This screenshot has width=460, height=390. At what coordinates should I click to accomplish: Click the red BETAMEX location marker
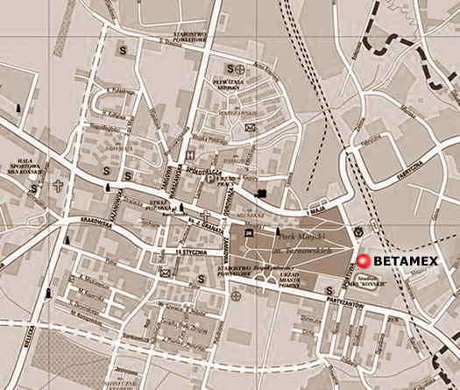tap(363, 260)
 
